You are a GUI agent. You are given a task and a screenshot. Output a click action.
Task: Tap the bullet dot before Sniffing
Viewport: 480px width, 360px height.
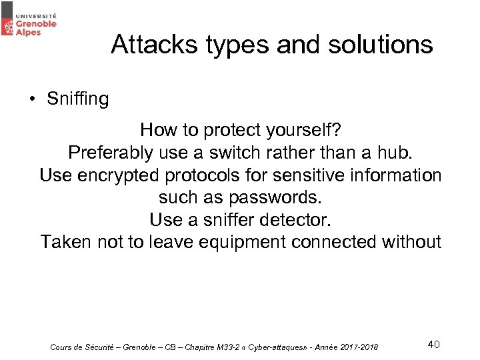(31, 99)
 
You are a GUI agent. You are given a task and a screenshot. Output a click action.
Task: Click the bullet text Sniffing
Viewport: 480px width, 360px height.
(77, 99)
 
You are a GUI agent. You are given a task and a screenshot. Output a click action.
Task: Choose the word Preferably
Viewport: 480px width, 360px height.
(111, 153)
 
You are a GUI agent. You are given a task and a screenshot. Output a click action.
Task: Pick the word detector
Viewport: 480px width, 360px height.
(295, 219)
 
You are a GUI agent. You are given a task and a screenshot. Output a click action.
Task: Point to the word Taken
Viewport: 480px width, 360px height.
(65, 241)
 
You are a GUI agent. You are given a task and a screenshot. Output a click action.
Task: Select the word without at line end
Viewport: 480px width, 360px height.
(412, 241)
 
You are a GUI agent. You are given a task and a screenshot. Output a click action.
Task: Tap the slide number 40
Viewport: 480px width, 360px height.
(433, 344)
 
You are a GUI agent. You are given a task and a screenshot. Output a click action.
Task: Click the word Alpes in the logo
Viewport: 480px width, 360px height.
(29, 31)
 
